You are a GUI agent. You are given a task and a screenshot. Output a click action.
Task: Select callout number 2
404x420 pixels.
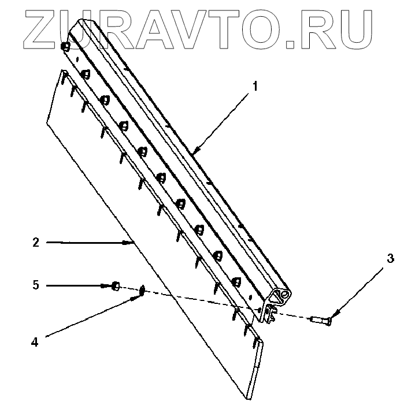[x=36, y=243]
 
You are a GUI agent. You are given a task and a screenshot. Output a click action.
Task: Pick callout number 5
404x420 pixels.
[x=36, y=285]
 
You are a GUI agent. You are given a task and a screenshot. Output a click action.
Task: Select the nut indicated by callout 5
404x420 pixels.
[x=116, y=285]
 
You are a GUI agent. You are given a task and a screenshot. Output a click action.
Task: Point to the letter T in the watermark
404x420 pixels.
[x=226, y=26]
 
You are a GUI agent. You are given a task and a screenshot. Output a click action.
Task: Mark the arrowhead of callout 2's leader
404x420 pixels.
[x=132, y=243]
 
